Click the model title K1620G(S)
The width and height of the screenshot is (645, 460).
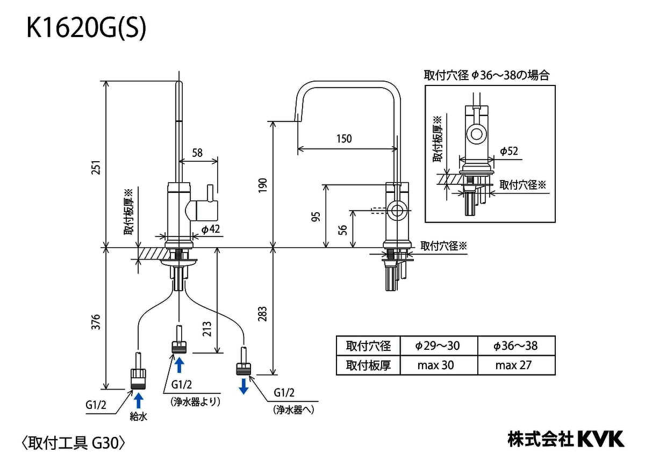tap(86, 30)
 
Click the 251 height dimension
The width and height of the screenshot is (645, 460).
tap(96, 168)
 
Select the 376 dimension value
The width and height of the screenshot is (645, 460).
tap(96, 321)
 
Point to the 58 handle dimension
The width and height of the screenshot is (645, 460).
tap(197, 153)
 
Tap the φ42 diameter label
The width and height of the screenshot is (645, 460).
tap(211, 229)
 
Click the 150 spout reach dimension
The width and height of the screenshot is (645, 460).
tap(344, 139)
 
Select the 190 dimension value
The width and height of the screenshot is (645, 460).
tap(262, 184)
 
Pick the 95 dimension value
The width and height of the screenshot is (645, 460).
tap(316, 216)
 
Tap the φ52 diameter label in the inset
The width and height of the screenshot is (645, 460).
tap(508, 151)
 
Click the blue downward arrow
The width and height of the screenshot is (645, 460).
tap(243, 385)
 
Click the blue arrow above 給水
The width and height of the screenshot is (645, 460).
tap(139, 400)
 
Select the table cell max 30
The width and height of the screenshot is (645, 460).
tap(435, 365)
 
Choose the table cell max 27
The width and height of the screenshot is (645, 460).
tap(513, 365)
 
